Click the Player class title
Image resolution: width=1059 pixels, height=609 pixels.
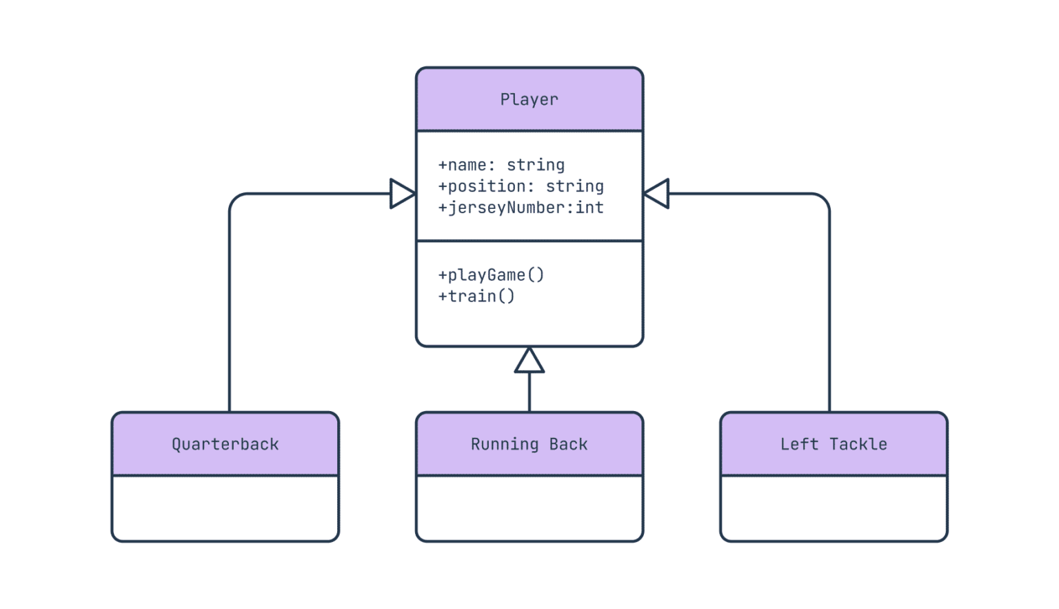(529, 99)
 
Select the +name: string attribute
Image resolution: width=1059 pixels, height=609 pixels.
(501, 165)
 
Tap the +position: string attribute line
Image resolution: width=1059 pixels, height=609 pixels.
(521, 186)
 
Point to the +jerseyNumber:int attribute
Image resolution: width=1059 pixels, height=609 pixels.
(521, 208)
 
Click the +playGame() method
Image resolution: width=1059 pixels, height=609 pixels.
(491, 274)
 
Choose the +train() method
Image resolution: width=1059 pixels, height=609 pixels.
(476, 296)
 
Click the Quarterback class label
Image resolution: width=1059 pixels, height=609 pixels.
(225, 444)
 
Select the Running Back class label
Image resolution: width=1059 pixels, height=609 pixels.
(529, 444)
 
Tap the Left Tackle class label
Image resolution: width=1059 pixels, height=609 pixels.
(834, 444)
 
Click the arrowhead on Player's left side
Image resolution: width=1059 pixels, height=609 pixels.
(402, 193)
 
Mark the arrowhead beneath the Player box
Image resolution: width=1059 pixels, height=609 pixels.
(529, 361)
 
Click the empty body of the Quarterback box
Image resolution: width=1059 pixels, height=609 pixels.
(225, 508)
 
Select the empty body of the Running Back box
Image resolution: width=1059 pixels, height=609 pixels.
(529, 508)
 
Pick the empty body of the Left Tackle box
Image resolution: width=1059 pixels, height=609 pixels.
(834, 508)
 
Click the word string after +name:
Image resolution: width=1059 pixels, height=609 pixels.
(536, 165)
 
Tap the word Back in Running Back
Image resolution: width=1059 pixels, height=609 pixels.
(568, 444)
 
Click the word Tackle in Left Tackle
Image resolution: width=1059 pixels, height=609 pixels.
(858, 444)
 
